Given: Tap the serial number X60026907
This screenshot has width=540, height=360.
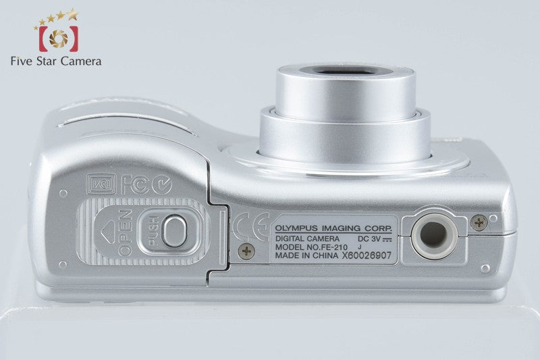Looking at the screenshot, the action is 367,255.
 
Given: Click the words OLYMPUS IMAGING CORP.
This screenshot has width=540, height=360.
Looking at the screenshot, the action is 333,228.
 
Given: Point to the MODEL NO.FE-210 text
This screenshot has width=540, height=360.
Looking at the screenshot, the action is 311,247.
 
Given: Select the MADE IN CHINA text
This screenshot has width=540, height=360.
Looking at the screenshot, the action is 306,255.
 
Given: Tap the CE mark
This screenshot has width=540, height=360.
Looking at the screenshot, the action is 250,226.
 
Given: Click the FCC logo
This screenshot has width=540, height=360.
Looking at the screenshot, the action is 135,185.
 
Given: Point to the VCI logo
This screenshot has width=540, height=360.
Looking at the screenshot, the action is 101,184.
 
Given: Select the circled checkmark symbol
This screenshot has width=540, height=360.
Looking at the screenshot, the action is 162,185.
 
